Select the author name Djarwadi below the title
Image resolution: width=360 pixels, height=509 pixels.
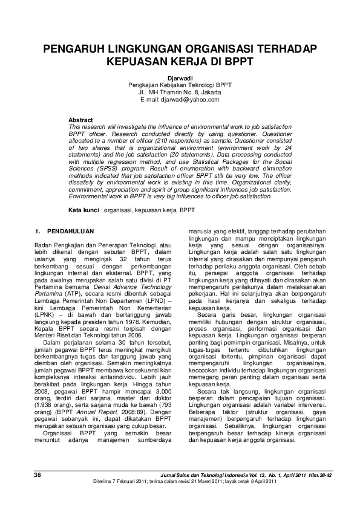[179, 79]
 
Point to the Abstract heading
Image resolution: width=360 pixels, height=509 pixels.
[80, 120]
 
